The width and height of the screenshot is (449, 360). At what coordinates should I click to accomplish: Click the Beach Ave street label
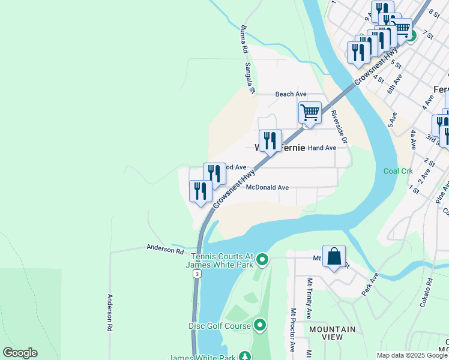[x=291, y=94]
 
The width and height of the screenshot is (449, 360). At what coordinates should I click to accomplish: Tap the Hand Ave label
[x=322, y=148]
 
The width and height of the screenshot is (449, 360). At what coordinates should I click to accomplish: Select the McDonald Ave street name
[x=267, y=187]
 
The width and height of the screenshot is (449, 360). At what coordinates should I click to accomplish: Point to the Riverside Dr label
[x=339, y=127]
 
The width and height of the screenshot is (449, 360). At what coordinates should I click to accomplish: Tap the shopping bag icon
[x=334, y=256]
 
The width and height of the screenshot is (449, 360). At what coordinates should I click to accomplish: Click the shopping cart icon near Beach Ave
[x=310, y=112]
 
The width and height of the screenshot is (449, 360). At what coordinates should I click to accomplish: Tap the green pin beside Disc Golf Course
[x=259, y=326]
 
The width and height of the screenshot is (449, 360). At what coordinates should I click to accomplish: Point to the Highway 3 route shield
[x=196, y=274]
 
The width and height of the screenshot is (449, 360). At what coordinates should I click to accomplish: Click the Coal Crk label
[x=398, y=171]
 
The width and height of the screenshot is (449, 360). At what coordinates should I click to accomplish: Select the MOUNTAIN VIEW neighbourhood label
[x=332, y=333]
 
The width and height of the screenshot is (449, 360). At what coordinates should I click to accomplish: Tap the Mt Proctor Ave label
[x=293, y=331]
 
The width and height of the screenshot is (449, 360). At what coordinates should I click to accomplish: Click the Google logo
[x=20, y=353]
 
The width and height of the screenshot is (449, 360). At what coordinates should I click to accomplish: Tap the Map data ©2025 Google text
[x=412, y=355]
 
